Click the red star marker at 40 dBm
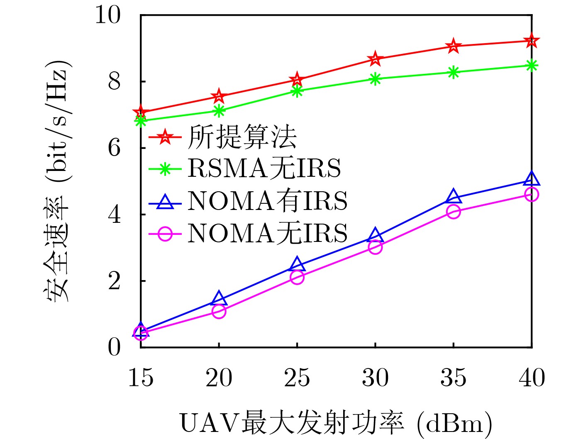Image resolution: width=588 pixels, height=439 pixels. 532,41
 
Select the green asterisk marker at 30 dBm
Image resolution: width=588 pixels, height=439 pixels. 375,79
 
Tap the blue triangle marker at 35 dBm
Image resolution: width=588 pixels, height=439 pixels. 454,196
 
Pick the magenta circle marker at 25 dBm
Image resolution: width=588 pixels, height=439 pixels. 297,277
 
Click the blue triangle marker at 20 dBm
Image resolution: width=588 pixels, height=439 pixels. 219,298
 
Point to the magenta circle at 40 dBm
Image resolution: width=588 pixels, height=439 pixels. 532,194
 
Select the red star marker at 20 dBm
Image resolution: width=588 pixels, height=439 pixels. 219,97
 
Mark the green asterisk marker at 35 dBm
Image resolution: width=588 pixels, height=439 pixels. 454,72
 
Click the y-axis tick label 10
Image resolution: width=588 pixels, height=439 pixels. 108,15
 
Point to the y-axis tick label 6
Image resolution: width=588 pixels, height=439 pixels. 114,148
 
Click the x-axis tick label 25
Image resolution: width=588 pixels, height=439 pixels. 297,378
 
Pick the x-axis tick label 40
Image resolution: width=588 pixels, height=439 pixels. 532,378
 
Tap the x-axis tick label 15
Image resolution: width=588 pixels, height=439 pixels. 141,378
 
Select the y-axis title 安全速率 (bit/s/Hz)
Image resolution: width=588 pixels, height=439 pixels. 56,180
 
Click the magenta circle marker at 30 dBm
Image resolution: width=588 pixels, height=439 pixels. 375,247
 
